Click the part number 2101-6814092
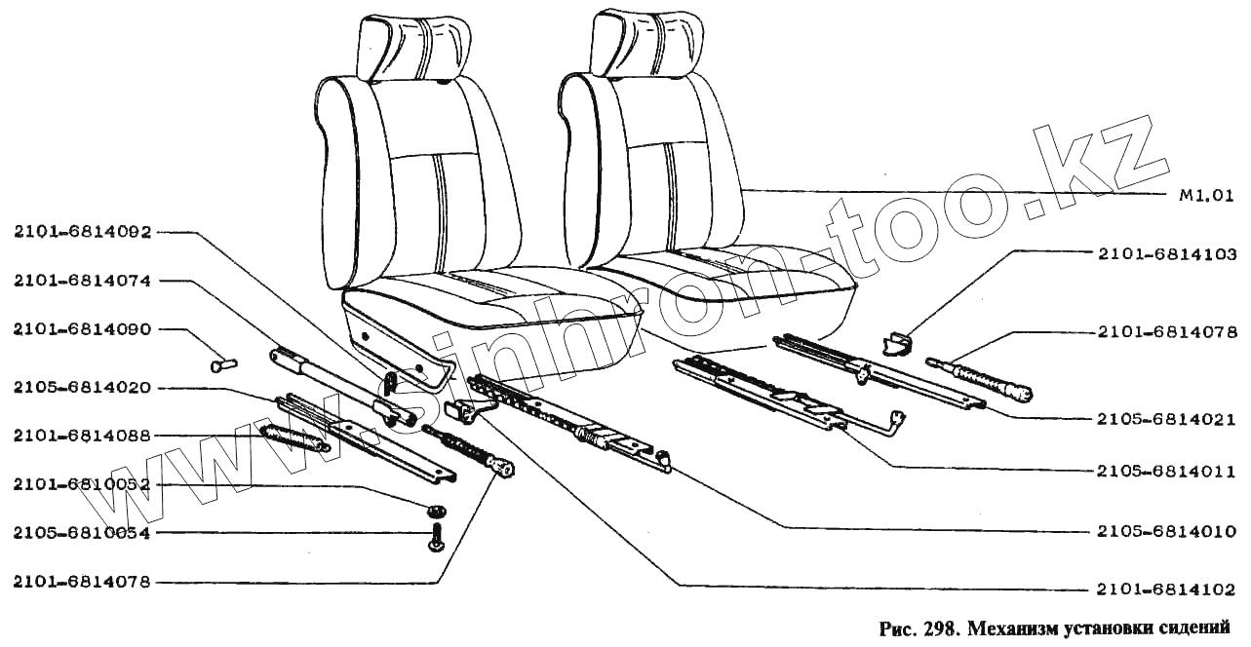click(82, 232)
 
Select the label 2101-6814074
click(82, 281)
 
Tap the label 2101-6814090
click(82, 329)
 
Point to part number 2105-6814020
click(82, 387)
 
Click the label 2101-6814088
click(82, 436)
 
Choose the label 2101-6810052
click(82, 484)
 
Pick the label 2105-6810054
click(82, 533)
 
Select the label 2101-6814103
click(1166, 252)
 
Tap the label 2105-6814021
click(1166, 420)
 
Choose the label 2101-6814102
click(1166, 590)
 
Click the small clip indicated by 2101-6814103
click(895, 343)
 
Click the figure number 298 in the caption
click(932, 628)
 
